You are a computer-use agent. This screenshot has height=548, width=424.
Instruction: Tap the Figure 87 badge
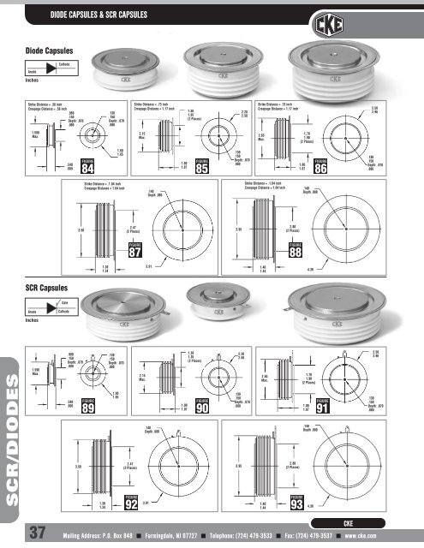(x=134, y=249)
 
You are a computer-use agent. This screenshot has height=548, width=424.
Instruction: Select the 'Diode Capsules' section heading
(x=52, y=53)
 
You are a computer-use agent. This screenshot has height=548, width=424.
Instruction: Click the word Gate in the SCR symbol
(x=65, y=304)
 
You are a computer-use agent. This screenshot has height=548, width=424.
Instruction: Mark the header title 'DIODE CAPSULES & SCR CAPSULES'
(x=99, y=15)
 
